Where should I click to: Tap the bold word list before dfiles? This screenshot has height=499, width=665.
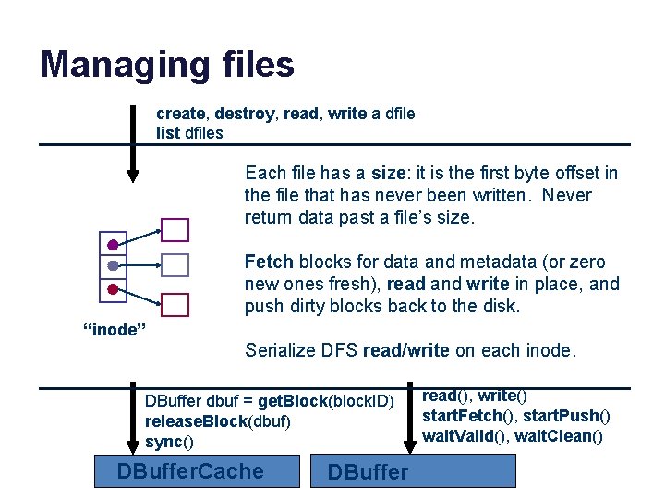coord(168,133)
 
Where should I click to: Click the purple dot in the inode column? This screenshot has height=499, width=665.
coord(112,245)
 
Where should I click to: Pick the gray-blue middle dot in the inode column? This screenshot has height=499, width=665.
coord(112,266)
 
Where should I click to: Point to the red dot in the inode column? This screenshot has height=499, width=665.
coord(112,288)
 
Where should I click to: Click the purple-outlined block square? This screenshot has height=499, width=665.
coord(175,230)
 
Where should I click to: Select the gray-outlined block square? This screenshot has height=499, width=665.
coord(175,266)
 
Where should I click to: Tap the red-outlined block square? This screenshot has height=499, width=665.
coord(175,305)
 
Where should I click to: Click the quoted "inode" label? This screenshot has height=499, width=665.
coord(109,330)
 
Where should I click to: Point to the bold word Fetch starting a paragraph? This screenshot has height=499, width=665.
coord(269,262)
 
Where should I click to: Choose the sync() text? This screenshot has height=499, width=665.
coord(170,442)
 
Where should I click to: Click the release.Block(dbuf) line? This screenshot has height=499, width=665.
coord(218,421)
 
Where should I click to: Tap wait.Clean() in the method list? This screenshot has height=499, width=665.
coord(559,436)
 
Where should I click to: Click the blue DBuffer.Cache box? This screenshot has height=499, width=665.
coord(199,471)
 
